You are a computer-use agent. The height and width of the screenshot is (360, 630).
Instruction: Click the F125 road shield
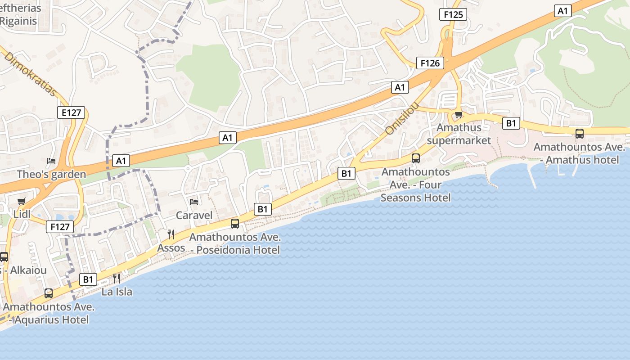coord(453,14)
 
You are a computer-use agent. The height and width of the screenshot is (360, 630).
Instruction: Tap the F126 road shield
coord(430,63)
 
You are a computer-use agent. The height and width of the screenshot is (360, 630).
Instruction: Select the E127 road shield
coord(71,112)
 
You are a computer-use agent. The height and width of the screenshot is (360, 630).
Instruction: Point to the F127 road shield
coord(59,227)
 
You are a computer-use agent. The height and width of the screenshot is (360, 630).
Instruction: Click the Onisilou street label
coord(402,118)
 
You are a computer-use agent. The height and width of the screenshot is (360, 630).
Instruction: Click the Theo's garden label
coord(51,175)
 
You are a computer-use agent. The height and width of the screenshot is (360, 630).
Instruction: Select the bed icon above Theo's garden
coord(51,161)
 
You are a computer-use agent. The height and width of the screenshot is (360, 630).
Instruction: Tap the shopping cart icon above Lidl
coord(21,201)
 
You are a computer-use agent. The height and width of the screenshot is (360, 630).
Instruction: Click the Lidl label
coord(22,214)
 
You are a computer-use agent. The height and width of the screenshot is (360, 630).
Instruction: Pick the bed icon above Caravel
coord(194,202)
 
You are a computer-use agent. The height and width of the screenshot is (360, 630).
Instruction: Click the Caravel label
coord(194,215)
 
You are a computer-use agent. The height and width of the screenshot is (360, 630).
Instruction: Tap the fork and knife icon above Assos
coord(171,234)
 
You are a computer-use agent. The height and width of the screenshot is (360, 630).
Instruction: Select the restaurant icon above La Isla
coord(117,278)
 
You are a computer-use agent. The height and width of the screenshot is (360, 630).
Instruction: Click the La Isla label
coord(117,292)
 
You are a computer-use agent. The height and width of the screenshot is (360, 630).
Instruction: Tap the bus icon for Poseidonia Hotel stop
coord(235,224)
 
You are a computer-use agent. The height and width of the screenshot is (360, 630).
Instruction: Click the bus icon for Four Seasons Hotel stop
coord(416,158)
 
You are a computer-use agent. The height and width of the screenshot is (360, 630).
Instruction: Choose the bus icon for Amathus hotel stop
coord(580,134)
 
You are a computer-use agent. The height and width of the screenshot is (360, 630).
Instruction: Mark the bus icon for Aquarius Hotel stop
coord(49,293)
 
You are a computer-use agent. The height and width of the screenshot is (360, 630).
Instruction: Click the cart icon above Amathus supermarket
coord(459,114)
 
